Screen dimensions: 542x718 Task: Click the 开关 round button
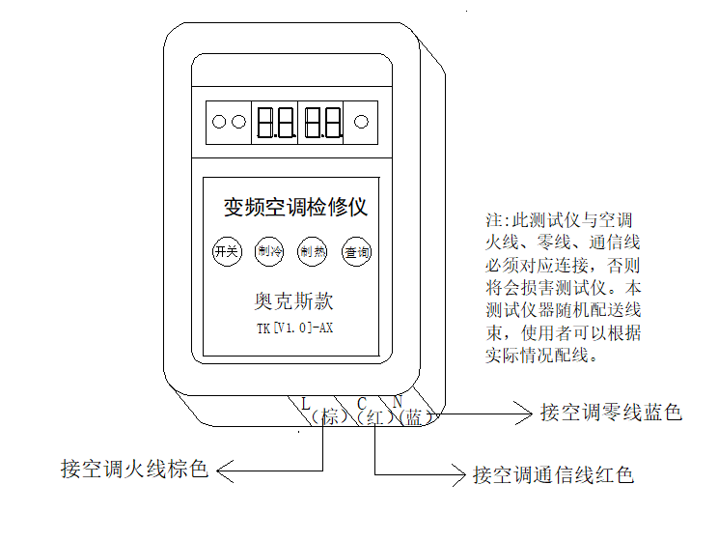(226, 253)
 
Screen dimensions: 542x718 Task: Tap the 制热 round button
(311, 253)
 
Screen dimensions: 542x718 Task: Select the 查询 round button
(356, 253)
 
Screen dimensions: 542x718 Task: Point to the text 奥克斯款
(289, 300)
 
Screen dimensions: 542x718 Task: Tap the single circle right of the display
(362, 123)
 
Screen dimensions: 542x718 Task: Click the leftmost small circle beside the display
(218, 123)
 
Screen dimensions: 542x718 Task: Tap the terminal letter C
(361, 403)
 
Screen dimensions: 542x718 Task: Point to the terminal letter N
(397, 402)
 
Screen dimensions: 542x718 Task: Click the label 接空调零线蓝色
(611, 414)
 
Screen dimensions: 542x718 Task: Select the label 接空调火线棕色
(135, 471)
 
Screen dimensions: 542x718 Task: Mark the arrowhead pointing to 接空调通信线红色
(457, 473)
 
